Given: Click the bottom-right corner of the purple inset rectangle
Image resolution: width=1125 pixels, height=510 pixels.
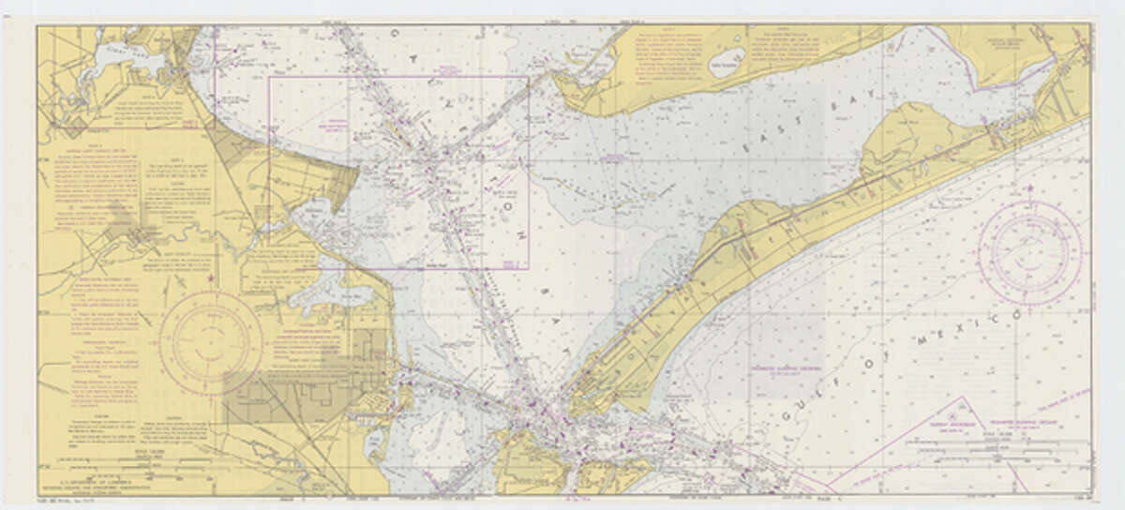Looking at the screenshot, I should [x=529, y=269].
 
